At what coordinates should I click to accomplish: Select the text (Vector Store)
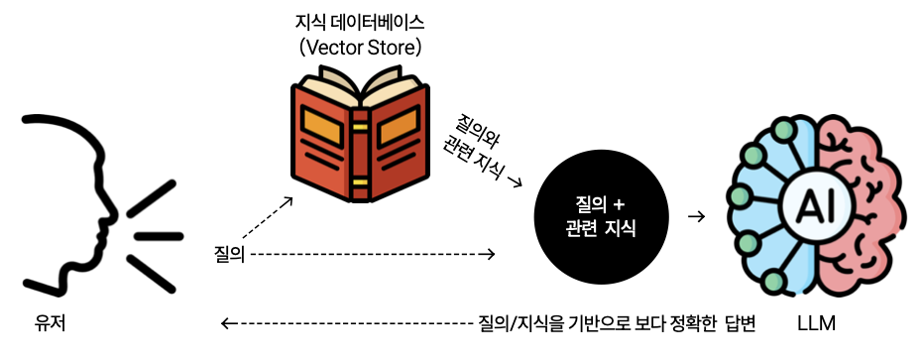coord(354,46)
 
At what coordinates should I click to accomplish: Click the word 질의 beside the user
coord(228,254)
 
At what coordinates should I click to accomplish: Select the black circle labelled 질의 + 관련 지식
coord(603,215)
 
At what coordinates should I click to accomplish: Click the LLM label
coord(815,323)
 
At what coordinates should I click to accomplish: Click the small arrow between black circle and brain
coord(696,215)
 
